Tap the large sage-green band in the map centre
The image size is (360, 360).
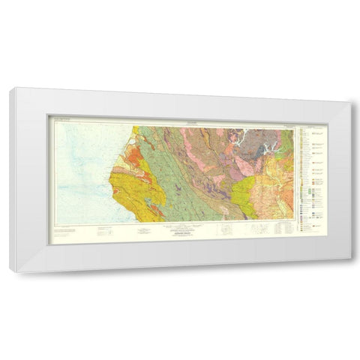[x=180, y=180]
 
